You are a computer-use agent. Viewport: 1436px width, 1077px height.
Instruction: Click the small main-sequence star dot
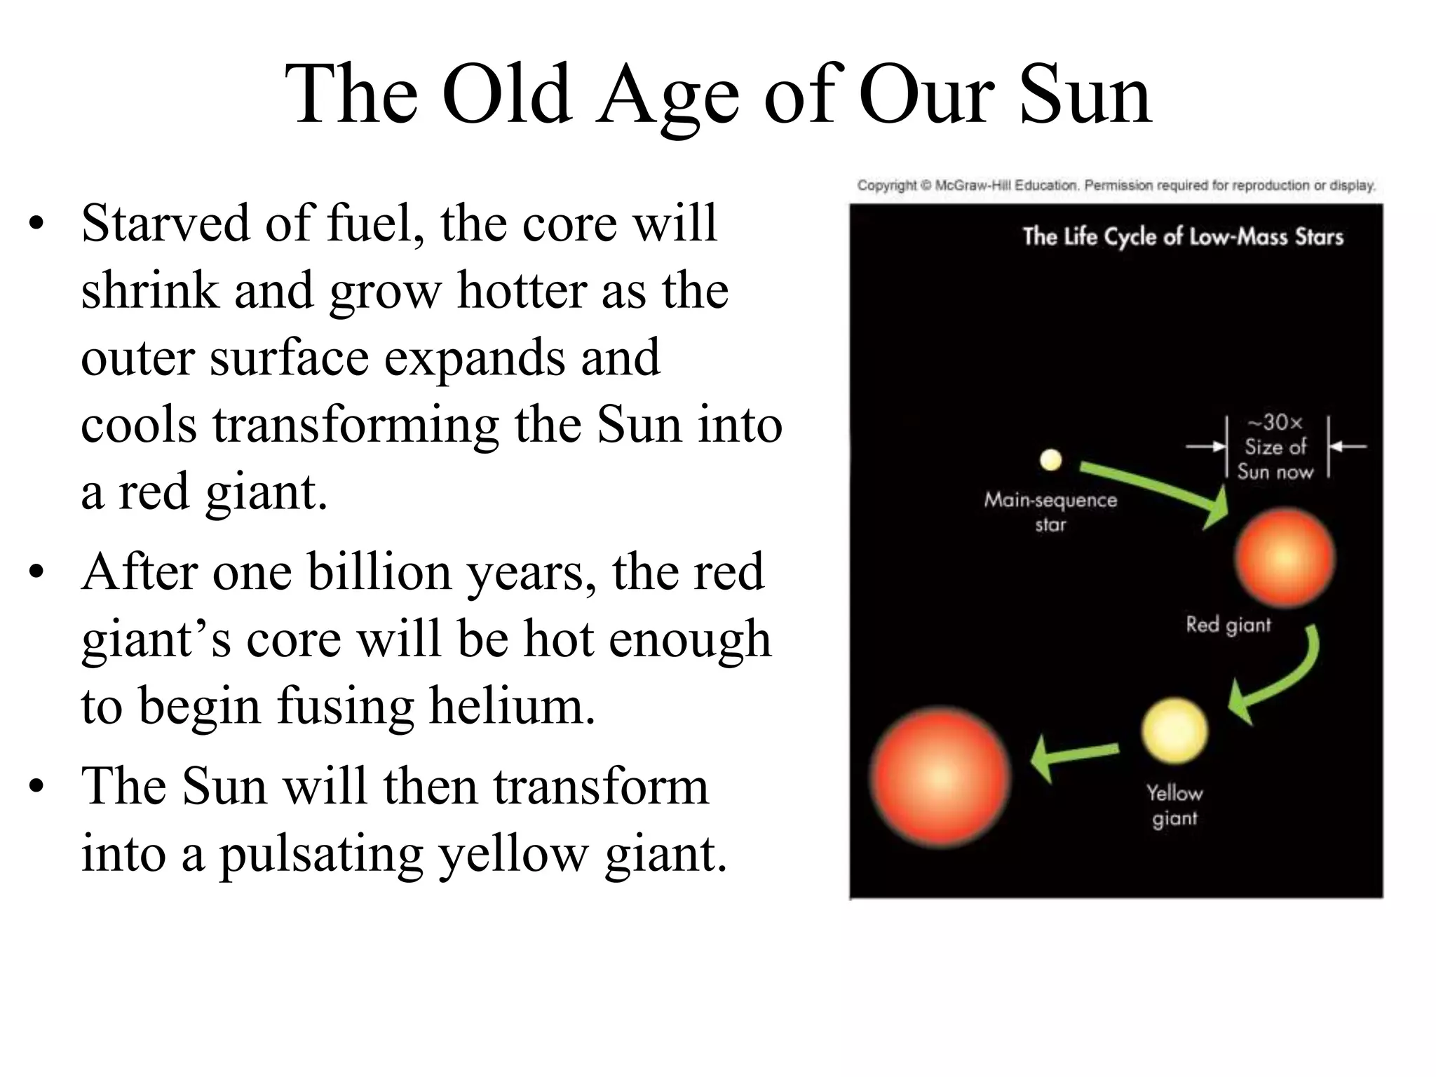click(1050, 460)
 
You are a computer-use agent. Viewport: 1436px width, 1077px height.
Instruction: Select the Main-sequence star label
click(1050, 512)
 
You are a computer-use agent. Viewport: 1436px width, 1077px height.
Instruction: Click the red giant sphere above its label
click(1285, 558)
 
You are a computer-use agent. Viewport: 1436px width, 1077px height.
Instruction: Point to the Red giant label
click(1228, 624)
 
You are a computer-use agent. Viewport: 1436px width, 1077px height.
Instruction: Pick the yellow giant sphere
click(1174, 731)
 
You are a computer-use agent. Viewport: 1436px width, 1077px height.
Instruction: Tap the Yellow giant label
click(1174, 805)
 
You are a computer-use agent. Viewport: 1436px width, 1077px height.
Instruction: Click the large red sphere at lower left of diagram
click(940, 777)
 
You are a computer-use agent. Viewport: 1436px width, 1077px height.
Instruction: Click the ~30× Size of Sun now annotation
click(1275, 447)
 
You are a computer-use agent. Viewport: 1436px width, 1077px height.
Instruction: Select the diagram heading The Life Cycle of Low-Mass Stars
click(1183, 237)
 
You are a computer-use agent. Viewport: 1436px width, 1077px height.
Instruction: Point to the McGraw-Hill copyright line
click(1116, 186)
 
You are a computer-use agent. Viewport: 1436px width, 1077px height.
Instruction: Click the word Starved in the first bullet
click(165, 223)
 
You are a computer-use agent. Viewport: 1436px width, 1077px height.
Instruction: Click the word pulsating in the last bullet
click(321, 853)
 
